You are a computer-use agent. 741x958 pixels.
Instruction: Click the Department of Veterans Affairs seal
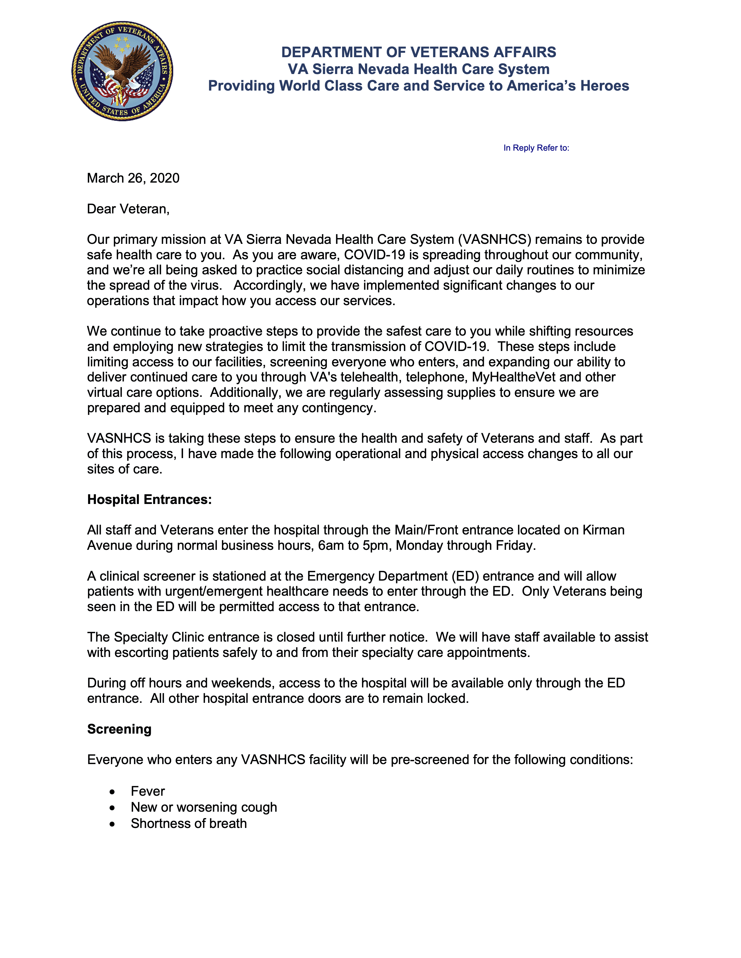click(x=122, y=71)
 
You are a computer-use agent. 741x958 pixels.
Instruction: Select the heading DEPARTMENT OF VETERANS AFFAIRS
click(x=418, y=52)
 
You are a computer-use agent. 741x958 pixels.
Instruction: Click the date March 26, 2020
click(x=133, y=178)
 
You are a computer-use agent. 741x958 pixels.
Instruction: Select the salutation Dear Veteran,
click(x=128, y=209)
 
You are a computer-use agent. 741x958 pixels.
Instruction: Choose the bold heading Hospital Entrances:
click(x=149, y=500)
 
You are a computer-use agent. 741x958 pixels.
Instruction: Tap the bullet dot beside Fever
click(x=112, y=792)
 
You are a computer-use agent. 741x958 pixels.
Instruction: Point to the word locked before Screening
click(x=447, y=698)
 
